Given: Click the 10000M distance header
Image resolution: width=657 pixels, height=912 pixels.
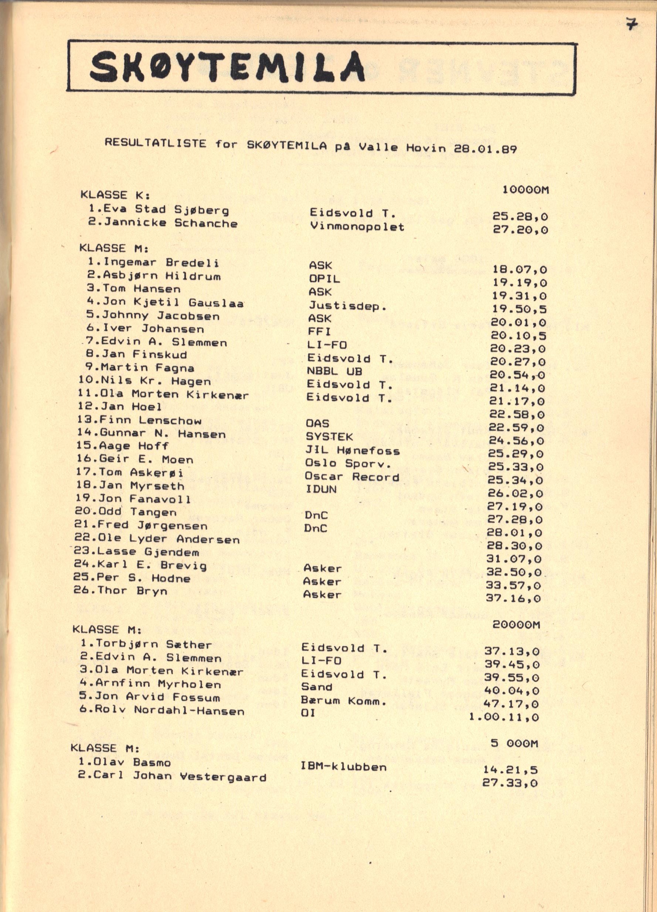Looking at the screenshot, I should point(525,190).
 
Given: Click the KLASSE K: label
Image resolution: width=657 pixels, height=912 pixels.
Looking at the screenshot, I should point(115,195).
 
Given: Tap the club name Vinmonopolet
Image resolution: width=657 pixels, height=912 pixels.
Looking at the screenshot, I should point(357,227).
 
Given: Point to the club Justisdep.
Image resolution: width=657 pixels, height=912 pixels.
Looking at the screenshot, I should point(347,306).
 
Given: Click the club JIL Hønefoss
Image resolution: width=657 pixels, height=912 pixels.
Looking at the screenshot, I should point(352,450).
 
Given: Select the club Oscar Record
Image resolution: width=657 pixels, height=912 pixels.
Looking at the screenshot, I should point(352,477).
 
